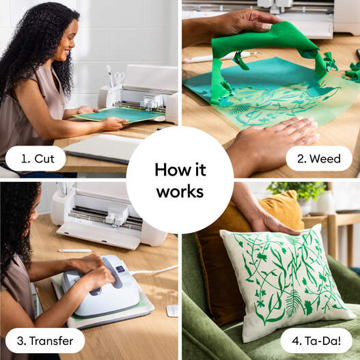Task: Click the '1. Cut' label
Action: [x=36, y=159]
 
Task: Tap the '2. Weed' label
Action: [x=319, y=159]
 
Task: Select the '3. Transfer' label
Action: [x=45, y=340]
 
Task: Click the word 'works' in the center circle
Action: [x=180, y=192]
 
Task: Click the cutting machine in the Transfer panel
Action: [x=109, y=215]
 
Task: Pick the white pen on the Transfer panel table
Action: [x=75, y=251]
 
